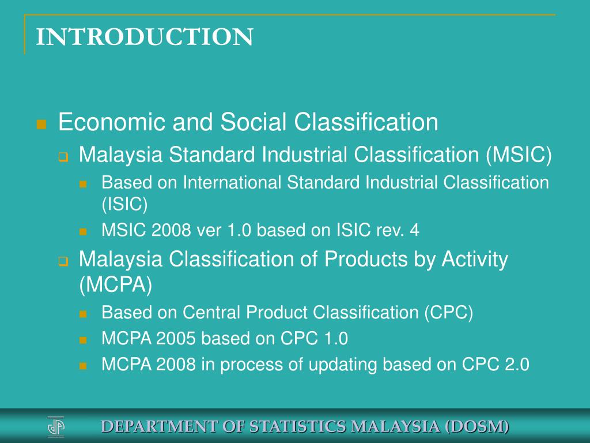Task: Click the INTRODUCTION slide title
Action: coord(145,37)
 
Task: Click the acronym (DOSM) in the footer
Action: coord(478,427)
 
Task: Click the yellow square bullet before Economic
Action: coord(41,124)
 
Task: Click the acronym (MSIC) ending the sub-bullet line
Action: coord(518,155)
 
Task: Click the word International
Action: coord(233,183)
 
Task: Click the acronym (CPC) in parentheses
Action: coord(449,313)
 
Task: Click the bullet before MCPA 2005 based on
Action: coord(83,340)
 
